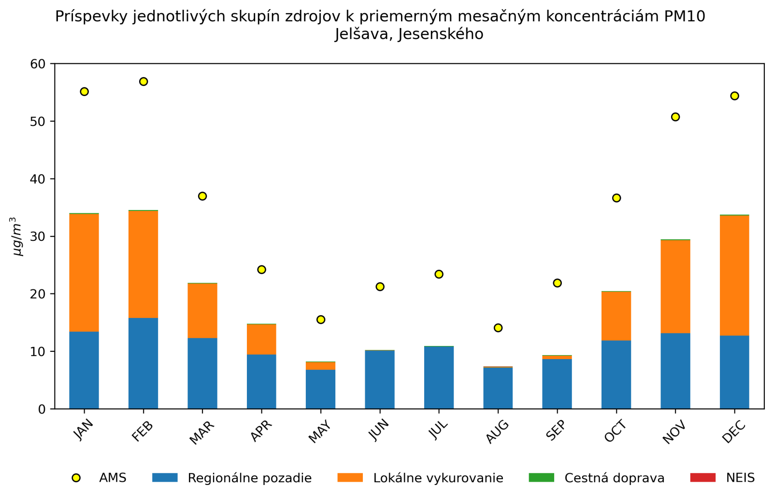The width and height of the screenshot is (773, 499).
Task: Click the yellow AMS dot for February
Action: click(x=143, y=82)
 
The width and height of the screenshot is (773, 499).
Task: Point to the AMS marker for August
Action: click(x=498, y=328)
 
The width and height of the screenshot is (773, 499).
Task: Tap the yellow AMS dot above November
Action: click(x=675, y=117)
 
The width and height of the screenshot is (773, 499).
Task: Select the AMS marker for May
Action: click(x=321, y=319)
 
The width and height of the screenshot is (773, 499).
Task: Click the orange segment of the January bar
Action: click(x=84, y=273)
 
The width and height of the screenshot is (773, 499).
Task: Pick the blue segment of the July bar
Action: click(x=439, y=377)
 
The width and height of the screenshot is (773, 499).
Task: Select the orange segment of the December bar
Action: click(x=734, y=275)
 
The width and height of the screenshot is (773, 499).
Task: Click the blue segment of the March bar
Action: click(x=202, y=373)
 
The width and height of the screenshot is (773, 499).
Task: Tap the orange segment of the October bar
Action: click(x=616, y=316)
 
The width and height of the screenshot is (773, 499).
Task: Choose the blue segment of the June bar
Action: click(x=380, y=379)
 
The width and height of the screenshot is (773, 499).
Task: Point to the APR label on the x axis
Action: click(x=261, y=431)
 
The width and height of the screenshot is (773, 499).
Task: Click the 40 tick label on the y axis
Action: click(x=38, y=179)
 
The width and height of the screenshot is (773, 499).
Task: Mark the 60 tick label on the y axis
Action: click(x=38, y=64)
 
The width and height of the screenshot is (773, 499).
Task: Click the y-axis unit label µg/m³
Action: click(x=17, y=236)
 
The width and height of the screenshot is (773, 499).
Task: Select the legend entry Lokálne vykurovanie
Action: click(x=438, y=478)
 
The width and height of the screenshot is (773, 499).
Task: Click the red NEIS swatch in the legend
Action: click(x=702, y=478)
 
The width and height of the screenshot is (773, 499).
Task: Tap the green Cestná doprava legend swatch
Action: click(x=541, y=478)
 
